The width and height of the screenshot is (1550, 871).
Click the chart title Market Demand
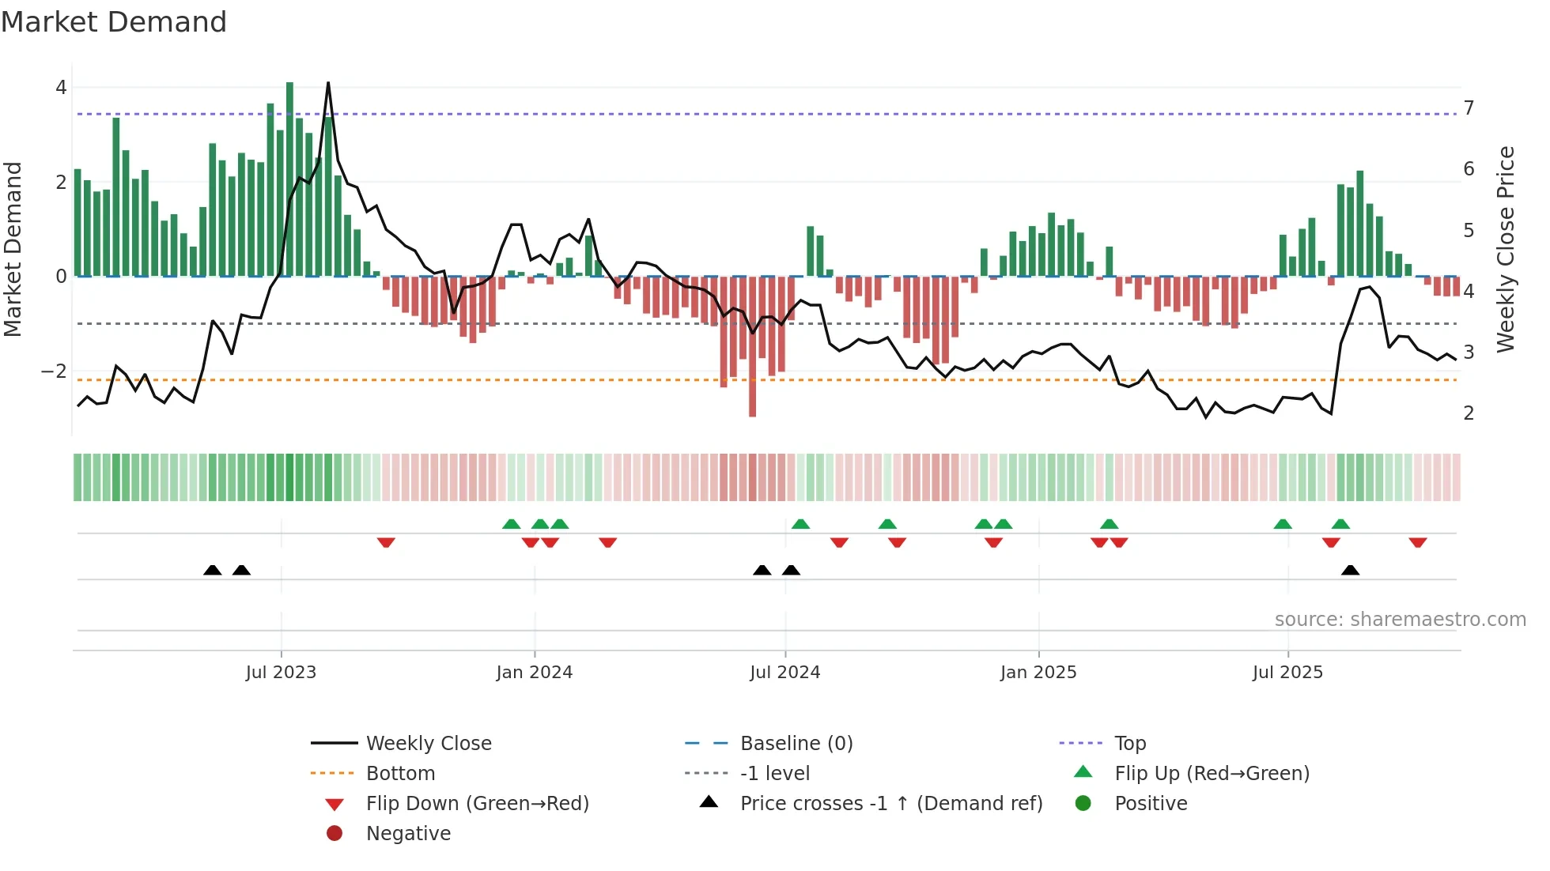(114, 22)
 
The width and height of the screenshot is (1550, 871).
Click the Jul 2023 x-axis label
(281, 673)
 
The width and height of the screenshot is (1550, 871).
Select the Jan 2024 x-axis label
(534, 673)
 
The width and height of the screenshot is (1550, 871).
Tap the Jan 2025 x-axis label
(1038, 673)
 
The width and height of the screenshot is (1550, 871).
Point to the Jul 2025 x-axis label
(1287, 673)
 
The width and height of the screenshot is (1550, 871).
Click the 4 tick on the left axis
(61, 88)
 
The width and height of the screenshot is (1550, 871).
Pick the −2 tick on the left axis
(55, 371)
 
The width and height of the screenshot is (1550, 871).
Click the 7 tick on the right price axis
(1469, 108)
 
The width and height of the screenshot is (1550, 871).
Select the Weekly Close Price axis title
(1506, 249)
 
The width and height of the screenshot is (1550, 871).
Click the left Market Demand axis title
(13, 249)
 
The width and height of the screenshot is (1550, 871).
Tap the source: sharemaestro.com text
(1400, 620)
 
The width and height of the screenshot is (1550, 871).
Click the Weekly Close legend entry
(428, 744)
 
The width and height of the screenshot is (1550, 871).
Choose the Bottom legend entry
(400, 774)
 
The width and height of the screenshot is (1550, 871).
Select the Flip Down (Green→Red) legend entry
(477, 804)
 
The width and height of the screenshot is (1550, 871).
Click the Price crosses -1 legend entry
(890, 804)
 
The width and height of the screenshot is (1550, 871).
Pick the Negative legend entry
(408, 834)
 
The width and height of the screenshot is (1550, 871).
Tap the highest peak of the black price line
(328, 84)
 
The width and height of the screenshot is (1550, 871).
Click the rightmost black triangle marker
(1350, 571)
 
